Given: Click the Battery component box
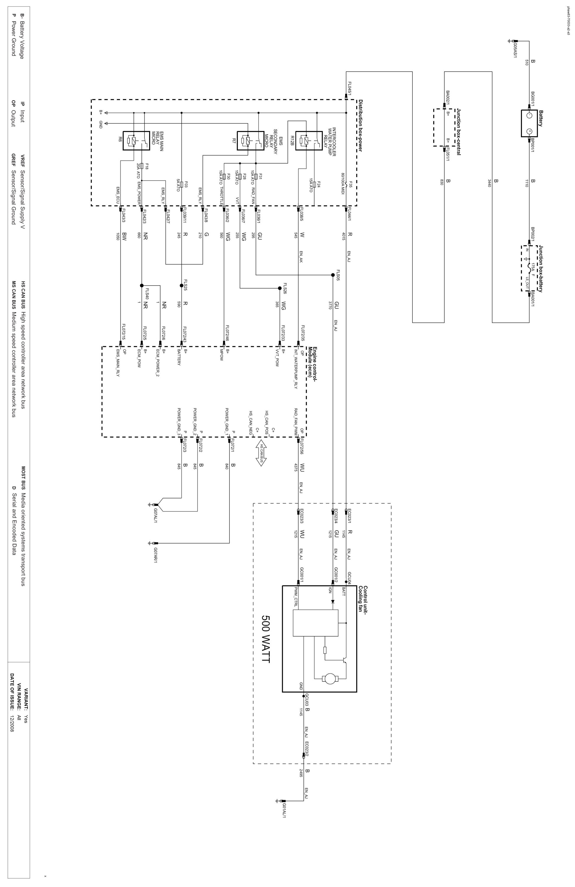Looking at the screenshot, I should (529, 123).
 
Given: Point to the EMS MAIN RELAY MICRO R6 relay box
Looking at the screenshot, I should (136, 140).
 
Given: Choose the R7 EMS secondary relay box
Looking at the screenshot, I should (251, 140).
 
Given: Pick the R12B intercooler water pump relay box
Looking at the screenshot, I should (309, 140).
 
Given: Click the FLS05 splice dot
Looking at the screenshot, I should (333, 275).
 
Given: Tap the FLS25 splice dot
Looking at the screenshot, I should (181, 286).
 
